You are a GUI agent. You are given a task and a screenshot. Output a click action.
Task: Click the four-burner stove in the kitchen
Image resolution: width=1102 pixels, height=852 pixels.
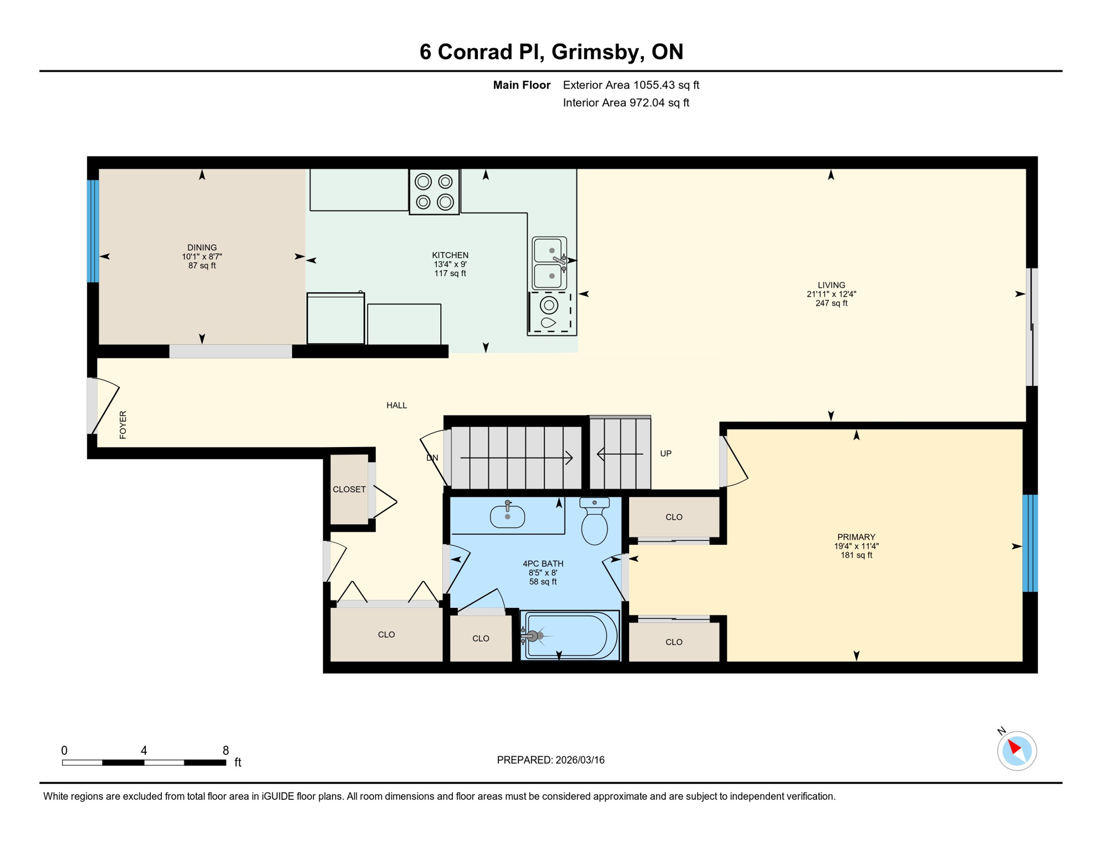[x=434, y=191]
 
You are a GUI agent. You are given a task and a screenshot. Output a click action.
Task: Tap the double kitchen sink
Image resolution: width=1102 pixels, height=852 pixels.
[x=549, y=263]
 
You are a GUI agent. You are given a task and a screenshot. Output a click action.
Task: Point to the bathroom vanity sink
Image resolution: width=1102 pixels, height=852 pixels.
[x=507, y=516]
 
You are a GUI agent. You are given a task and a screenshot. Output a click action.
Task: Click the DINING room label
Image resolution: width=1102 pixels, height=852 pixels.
[x=202, y=247]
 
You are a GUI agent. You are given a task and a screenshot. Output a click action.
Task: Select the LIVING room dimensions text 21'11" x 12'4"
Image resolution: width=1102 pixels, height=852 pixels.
[x=831, y=294]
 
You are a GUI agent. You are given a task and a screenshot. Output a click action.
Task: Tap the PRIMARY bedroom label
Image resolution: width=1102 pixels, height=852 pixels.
[x=856, y=537]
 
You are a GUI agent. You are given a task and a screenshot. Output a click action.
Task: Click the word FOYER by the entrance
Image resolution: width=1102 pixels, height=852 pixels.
[x=123, y=425]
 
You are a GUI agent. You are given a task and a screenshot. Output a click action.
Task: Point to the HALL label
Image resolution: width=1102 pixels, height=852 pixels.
[x=396, y=405]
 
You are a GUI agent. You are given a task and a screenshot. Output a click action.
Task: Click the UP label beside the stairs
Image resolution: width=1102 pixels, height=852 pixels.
[x=666, y=453]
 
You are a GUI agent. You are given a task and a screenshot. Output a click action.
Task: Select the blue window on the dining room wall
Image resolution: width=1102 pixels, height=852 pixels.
[x=93, y=231]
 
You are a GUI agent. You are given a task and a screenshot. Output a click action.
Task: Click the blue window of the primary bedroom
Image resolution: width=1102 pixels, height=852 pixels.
[x=1029, y=543]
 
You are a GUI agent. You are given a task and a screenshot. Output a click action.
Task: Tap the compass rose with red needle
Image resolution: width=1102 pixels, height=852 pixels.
[x=1017, y=750]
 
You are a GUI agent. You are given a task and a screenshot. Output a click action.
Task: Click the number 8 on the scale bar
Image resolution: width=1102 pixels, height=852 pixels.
[x=226, y=750]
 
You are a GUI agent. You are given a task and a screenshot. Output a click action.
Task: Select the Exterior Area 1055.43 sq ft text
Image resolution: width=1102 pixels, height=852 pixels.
[x=631, y=85]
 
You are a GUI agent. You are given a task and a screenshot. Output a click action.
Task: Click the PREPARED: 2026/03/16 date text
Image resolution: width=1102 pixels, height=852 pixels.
[x=550, y=760]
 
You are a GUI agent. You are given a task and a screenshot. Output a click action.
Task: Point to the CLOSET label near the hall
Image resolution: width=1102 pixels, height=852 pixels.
[x=349, y=489]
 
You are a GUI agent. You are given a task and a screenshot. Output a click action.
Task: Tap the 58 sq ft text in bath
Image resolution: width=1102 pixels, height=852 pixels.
[x=542, y=581]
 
